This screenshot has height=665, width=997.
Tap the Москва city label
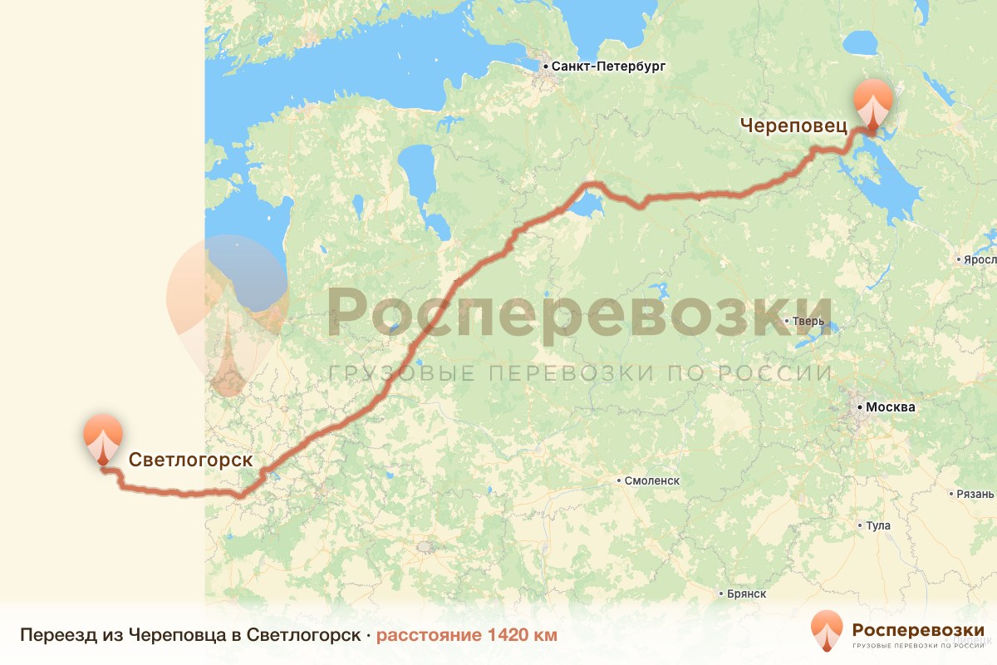point(890,407)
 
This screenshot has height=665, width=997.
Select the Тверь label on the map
point(808,321)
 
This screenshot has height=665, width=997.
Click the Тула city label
point(878,525)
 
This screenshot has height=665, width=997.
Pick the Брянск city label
point(746,594)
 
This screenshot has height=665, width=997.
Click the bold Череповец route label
point(793,126)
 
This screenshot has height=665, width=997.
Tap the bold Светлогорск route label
point(189,460)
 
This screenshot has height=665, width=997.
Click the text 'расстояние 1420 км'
point(466,635)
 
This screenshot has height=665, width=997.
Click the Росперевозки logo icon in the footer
point(827,630)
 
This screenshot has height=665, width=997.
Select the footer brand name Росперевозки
point(918,628)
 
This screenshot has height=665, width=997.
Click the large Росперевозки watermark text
point(579,313)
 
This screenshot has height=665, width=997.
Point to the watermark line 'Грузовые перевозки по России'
point(579,372)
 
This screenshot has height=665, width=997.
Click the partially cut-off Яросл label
point(980,259)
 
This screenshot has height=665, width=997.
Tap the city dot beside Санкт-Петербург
point(545,66)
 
